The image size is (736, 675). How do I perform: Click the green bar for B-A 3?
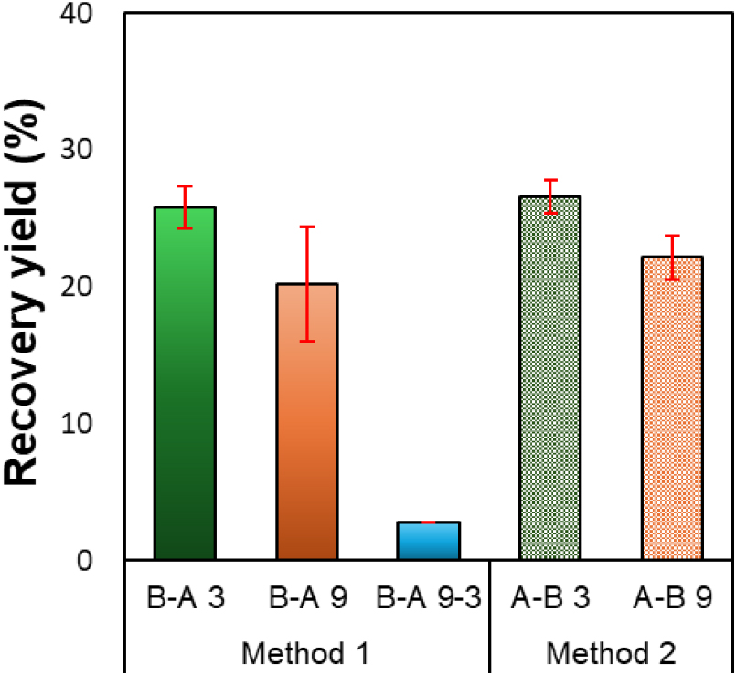coord(186,384)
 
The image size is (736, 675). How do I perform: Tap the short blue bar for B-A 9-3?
coord(429,541)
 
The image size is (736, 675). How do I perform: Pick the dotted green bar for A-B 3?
coord(550,378)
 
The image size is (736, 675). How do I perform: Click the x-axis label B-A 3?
coord(186,599)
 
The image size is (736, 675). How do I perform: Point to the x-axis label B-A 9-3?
coord(429,599)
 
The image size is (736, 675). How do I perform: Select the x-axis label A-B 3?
coord(550,599)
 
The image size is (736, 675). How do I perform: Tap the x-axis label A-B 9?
coord(672,599)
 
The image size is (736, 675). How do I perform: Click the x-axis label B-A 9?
coord(307,599)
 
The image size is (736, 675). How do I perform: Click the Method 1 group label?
coord(304,654)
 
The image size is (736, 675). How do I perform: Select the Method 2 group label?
coord(612,654)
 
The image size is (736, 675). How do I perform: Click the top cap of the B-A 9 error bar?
coord(307,227)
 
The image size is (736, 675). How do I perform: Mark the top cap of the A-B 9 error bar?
coord(672,236)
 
